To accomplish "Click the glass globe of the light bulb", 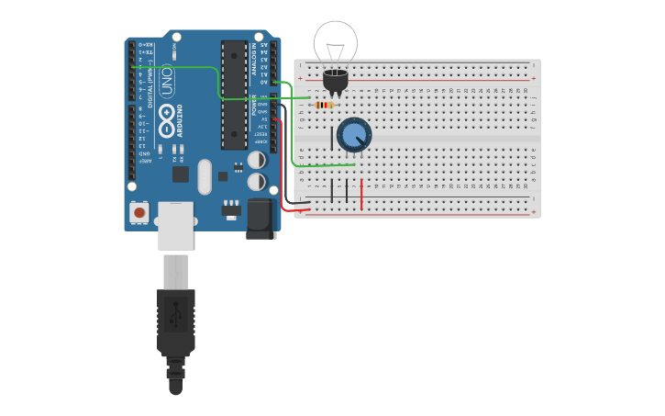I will (x=336, y=43).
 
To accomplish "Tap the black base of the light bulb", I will (x=336, y=82).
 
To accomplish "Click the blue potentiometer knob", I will (x=354, y=135).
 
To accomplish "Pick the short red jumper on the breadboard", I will (x=361, y=195).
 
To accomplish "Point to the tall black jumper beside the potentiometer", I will (x=332, y=138).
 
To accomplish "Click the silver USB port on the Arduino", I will (x=175, y=226).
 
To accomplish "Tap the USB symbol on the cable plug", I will (x=175, y=315).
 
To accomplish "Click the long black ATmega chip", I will (x=234, y=94).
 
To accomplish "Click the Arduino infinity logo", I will (x=167, y=115).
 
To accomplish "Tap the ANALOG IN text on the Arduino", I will (x=254, y=59).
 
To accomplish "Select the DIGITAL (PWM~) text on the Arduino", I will (x=151, y=72).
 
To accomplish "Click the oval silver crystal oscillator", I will (x=204, y=176).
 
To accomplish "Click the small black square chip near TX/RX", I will (x=181, y=174).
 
